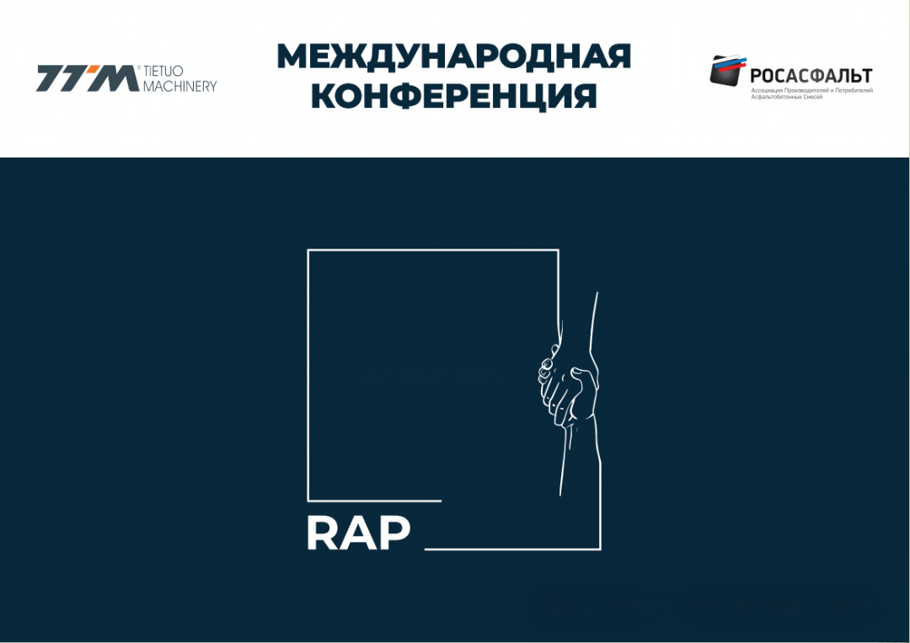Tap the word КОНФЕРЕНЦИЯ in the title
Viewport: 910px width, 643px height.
tap(454, 96)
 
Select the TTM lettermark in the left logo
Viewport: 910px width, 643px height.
tap(88, 78)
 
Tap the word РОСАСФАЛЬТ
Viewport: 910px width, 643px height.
tap(811, 76)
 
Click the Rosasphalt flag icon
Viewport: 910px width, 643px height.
tap(727, 70)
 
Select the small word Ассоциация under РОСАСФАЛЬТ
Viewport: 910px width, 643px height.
tap(767, 90)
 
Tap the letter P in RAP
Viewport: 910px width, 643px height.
tap(394, 533)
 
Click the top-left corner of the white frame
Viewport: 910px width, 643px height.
tap(308, 250)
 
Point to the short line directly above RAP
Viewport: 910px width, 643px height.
tap(375, 501)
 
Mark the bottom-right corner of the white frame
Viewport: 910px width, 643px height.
tap(600, 549)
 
